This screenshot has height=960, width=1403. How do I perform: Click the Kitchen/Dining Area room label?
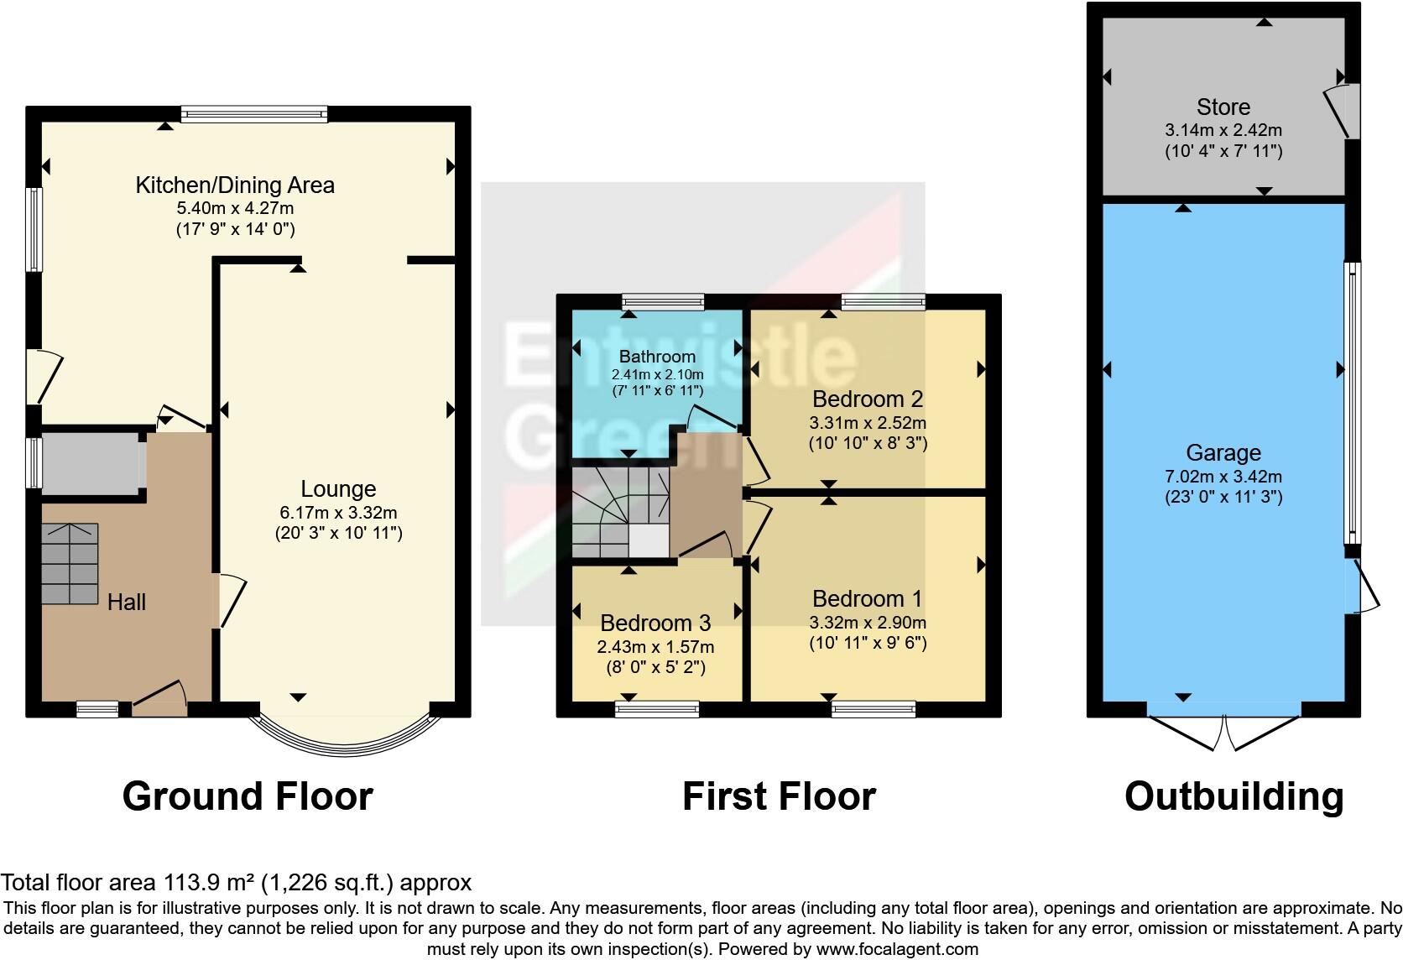coord(235,185)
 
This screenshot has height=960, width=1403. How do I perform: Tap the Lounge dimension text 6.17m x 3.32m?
coord(338,512)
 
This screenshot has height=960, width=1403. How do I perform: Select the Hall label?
coord(126,602)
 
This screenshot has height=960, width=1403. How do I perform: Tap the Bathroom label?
coord(657,357)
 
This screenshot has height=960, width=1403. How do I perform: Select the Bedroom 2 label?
coord(868,399)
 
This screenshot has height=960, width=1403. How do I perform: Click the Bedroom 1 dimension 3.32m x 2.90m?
coord(868,623)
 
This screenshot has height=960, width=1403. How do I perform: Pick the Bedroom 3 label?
coord(655,623)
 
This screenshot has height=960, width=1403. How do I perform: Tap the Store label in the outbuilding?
coord(1223,107)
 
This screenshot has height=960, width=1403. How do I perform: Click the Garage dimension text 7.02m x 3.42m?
coord(1223,477)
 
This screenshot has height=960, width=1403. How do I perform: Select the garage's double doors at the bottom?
coord(1224,730)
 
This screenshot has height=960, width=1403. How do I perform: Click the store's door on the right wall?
coord(1340,111)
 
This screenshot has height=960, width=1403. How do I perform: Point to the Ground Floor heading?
coord(248,796)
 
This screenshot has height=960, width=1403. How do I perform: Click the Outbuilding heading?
coord(1233,796)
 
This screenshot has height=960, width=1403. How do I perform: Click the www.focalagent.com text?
coord(896,949)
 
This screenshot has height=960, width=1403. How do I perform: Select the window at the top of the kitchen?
coord(253,114)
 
